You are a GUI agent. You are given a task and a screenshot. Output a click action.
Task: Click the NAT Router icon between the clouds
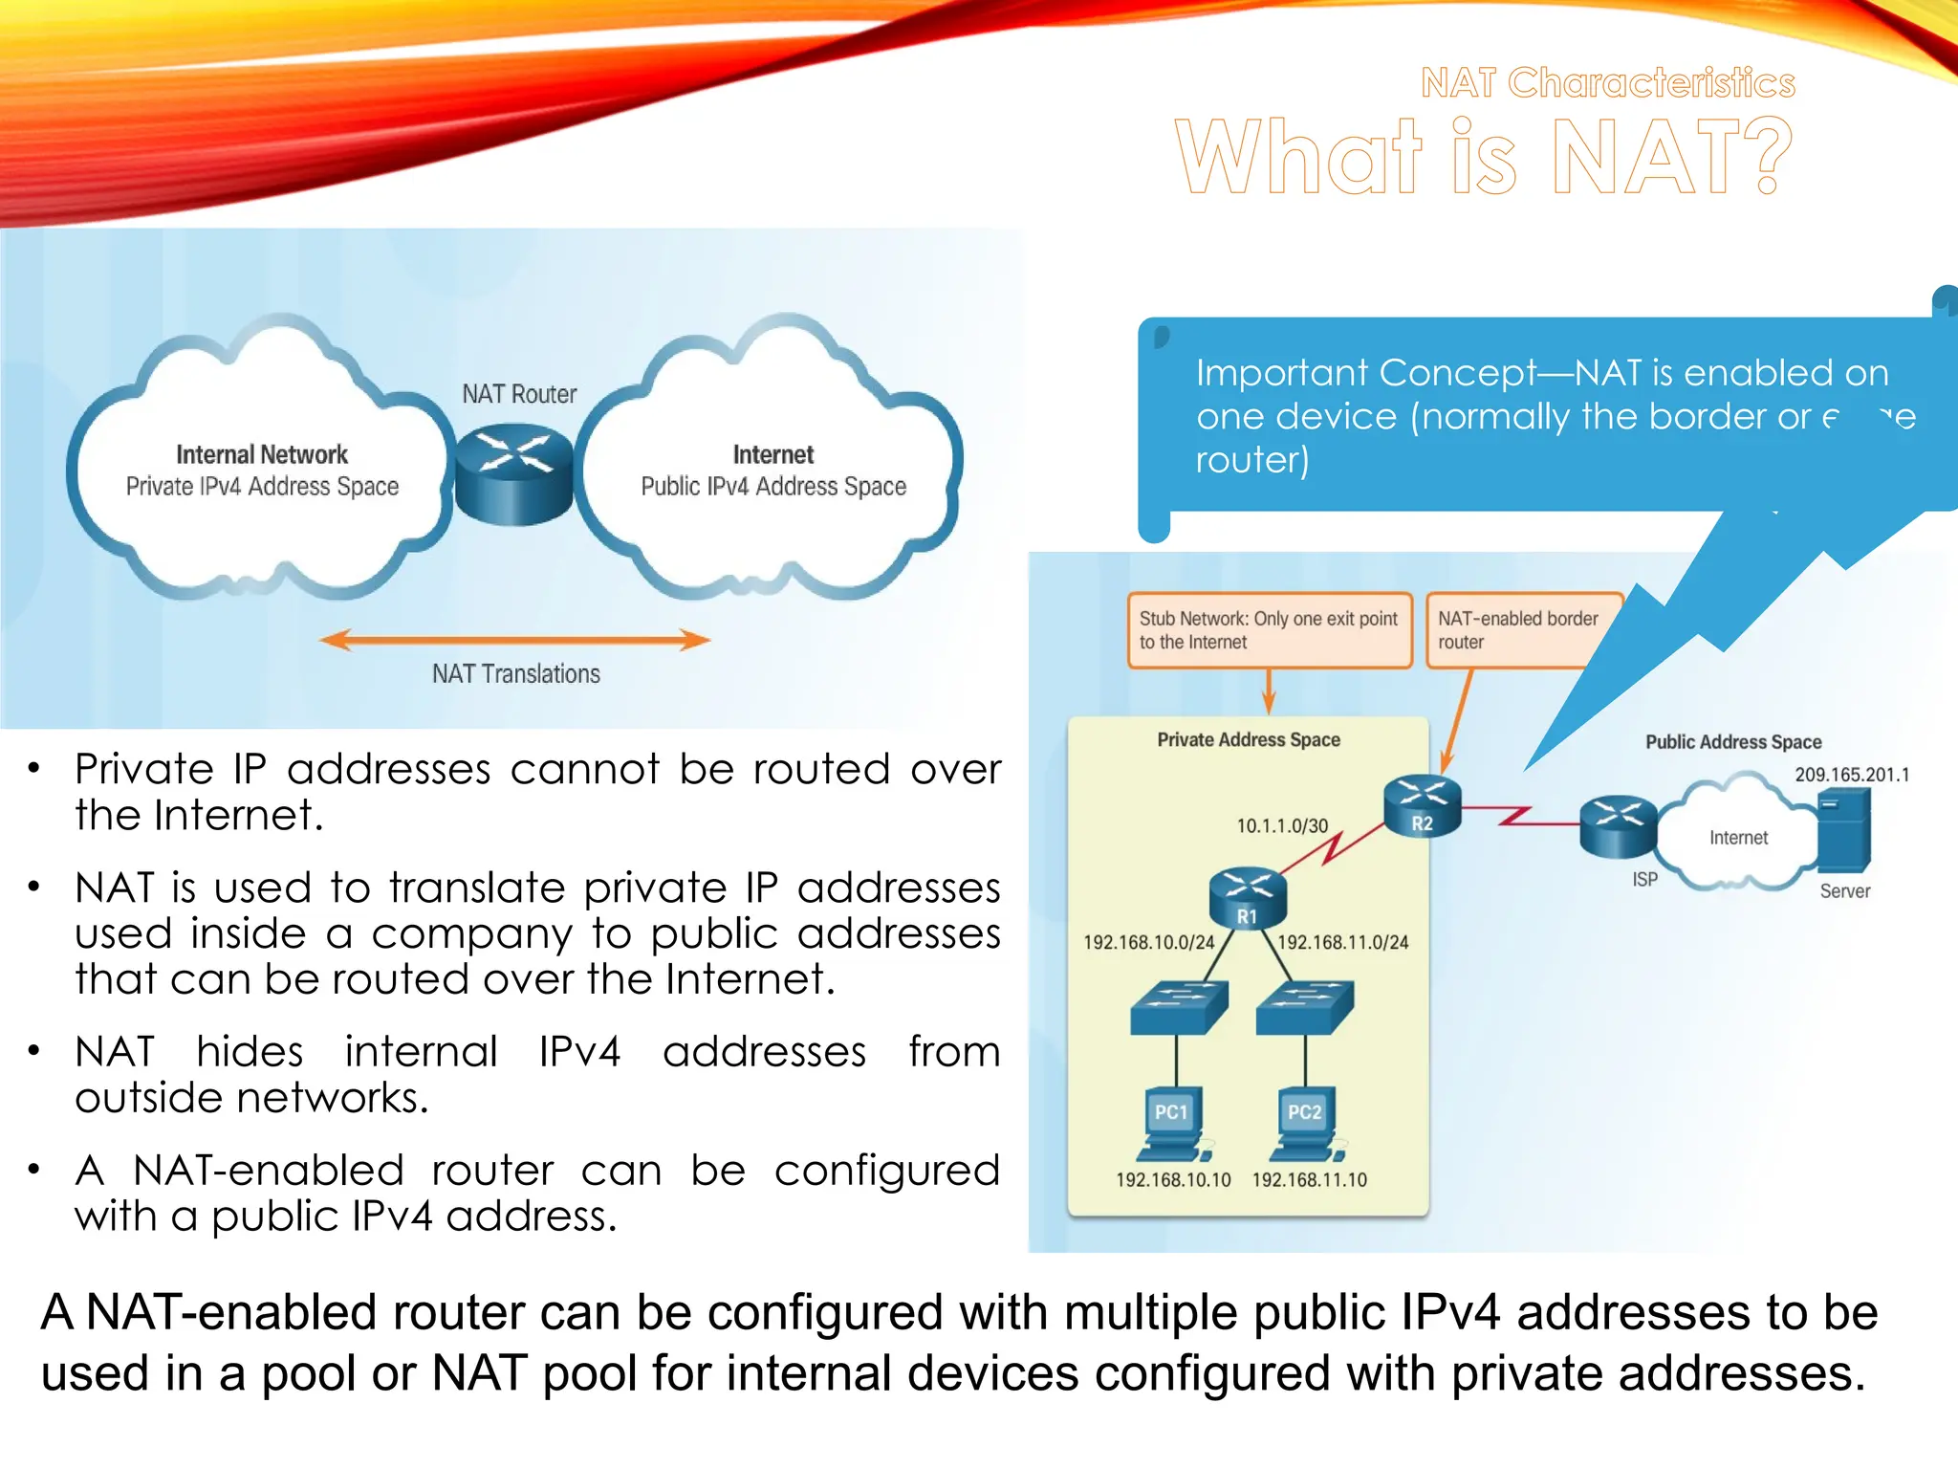pyautogui.click(x=514, y=473)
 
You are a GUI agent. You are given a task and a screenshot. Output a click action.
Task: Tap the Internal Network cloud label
pyautogui.click(x=262, y=454)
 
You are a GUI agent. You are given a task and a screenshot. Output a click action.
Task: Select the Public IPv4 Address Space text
pyautogui.click(x=773, y=487)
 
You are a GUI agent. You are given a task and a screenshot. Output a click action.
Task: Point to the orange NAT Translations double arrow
pyautogui.click(x=514, y=640)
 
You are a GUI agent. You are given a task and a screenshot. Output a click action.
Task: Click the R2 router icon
pyautogui.click(x=1423, y=805)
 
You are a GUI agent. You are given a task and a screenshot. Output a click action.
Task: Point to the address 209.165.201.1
pyautogui.click(x=1851, y=775)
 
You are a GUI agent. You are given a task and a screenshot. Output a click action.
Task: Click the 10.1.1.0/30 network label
pyautogui.click(x=1282, y=825)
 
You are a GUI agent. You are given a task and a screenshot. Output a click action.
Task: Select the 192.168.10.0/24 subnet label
pyautogui.click(x=1148, y=942)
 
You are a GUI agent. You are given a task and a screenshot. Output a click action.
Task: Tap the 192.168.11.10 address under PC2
pyautogui.click(x=1310, y=1180)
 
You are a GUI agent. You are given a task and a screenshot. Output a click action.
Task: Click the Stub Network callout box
pyautogui.click(x=1269, y=630)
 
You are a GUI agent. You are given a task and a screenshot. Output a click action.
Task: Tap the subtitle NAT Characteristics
pyautogui.click(x=1607, y=83)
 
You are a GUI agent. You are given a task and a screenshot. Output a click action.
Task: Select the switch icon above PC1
pyautogui.click(x=1178, y=1007)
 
